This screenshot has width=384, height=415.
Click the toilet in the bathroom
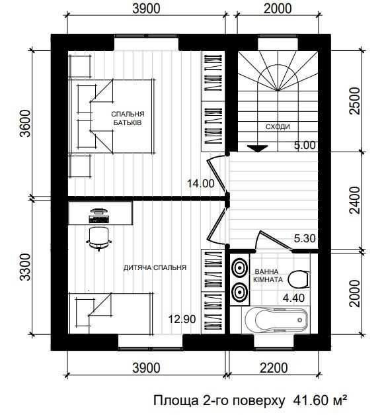pyautogui.click(x=299, y=279)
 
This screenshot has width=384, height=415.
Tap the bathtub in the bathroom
pyautogui.click(x=276, y=320)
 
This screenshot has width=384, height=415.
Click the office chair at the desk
pyautogui.click(x=99, y=238)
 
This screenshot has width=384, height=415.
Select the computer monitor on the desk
pyautogui.click(x=99, y=211)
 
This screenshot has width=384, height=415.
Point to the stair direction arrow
pyautogui.click(x=258, y=148)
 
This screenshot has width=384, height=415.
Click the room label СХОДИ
pyautogui.click(x=278, y=127)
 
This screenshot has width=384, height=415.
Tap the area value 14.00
pyautogui.click(x=200, y=183)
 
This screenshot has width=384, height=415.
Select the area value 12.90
pyautogui.click(x=182, y=319)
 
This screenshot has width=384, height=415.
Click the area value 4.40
pyautogui.click(x=293, y=298)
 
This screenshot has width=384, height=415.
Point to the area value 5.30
pyautogui.click(x=305, y=238)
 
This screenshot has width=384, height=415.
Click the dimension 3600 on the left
pyautogui.click(x=26, y=123)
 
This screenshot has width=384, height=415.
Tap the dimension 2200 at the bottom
pyautogui.click(x=274, y=368)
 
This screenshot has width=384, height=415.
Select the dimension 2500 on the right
pyautogui.click(x=355, y=101)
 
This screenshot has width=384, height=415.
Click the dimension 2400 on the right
pyautogui.click(x=355, y=201)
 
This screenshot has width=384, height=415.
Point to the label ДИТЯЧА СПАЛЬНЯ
pyautogui.click(x=155, y=267)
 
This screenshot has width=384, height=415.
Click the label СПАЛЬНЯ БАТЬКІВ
pyautogui.click(x=128, y=118)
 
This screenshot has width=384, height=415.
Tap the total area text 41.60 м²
pyautogui.click(x=320, y=400)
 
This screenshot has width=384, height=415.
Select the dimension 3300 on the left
pyautogui.click(x=26, y=267)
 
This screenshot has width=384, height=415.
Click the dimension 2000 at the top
pyautogui.click(x=278, y=9)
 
